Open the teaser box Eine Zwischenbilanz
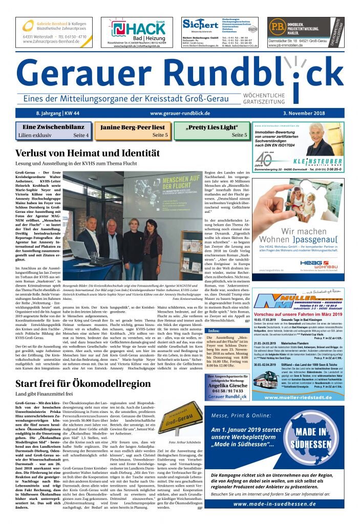54,131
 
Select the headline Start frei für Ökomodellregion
83,384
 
